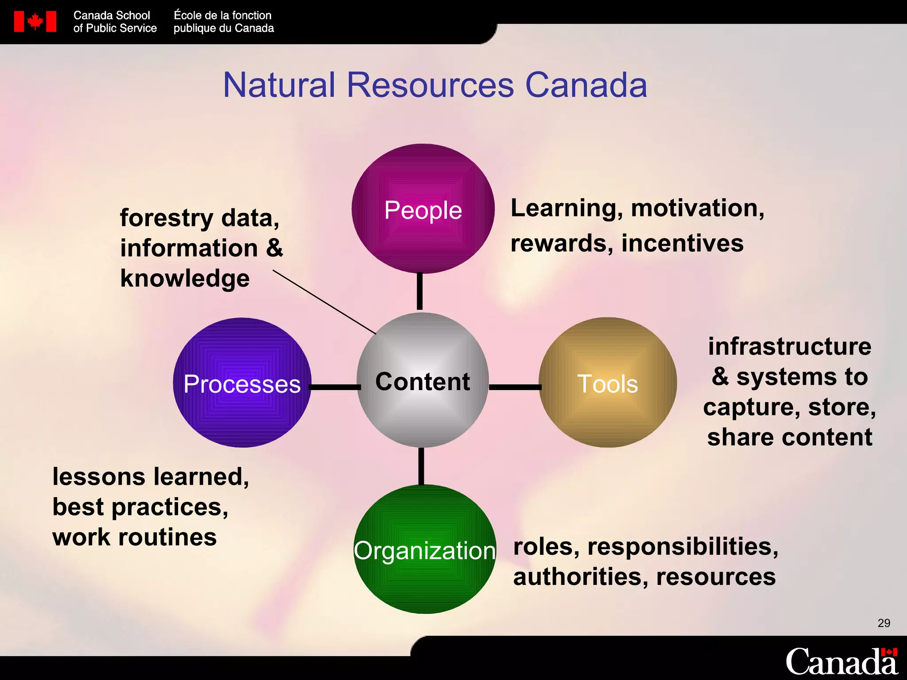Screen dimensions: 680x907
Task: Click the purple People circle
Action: [423, 209]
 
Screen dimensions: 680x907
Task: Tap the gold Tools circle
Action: [608, 382]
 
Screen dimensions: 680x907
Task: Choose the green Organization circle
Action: [425, 549]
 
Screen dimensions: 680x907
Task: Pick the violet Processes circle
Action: [242, 382]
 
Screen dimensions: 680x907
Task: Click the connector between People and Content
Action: [420, 291]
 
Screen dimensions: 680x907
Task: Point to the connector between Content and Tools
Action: [515, 387]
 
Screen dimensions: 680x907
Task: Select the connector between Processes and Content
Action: [335, 387]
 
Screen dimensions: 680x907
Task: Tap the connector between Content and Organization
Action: [421, 466]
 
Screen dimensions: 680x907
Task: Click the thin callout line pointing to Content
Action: [323, 301]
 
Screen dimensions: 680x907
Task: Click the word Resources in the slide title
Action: [430, 85]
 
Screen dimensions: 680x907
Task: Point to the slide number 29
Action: [884, 623]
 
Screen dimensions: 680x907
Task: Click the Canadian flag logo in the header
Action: [35, 21]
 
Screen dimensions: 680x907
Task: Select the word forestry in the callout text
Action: [167, 218]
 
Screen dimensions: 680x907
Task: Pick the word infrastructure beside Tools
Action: [790, 346]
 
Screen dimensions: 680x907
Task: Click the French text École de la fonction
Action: [222, 15]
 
